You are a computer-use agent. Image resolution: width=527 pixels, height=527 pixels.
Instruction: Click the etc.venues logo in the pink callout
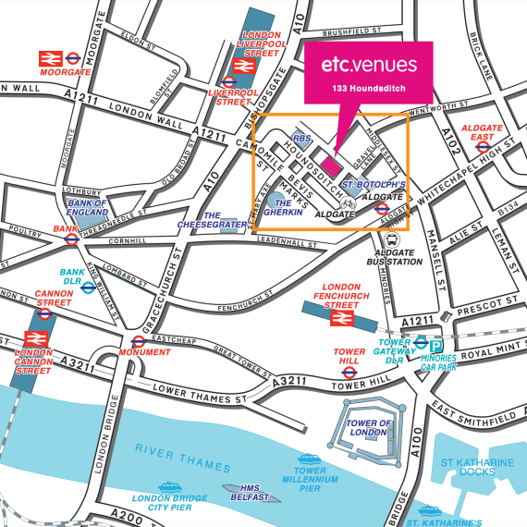click(x=369, y=66)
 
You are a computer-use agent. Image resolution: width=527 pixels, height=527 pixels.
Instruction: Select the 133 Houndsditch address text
click(x=369, y=89)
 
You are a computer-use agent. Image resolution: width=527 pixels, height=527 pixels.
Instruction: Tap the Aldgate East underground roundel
click(x=481, y=147)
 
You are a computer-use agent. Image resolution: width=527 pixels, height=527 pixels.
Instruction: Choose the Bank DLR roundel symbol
click(x=87, y=287)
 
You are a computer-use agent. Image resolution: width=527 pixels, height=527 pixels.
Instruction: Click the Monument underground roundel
click(x=138, y=341)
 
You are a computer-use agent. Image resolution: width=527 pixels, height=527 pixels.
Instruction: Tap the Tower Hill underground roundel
click(x=349, y=373)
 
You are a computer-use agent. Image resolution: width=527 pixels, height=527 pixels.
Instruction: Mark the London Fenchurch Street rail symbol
click(x=343, y=317)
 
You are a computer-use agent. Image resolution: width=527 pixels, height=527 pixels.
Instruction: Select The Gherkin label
click(x=285, y=208)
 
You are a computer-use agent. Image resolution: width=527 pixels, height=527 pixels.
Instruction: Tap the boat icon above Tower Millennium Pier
click(x=306, y=456)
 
